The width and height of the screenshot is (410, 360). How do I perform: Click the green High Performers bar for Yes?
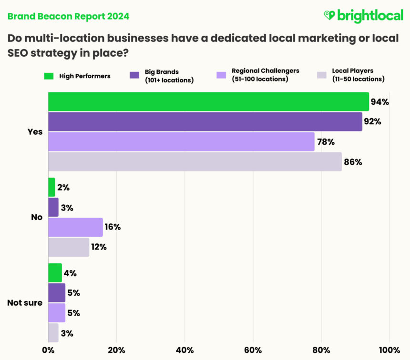(208, 101)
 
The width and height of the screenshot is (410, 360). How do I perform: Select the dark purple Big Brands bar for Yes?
(205, 121)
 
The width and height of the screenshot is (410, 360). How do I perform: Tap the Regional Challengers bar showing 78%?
(181, 141)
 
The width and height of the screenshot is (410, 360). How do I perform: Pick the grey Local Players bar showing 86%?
(195, 161)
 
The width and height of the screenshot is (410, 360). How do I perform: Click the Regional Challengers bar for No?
(75, 227)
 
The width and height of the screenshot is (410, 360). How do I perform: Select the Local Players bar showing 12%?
(69, 247)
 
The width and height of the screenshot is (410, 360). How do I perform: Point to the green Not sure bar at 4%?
(55, 273)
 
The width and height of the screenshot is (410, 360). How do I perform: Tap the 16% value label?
(113, 227)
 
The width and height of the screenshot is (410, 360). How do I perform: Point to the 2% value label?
(64, 188)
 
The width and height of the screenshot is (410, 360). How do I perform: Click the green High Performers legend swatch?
(48, 76)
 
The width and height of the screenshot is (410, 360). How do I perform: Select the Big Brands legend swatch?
(133, 76)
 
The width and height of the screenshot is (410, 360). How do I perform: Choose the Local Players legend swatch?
(322, 76)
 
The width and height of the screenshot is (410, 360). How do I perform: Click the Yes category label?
(35, 132)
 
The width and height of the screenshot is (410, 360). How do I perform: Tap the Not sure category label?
(25, 302)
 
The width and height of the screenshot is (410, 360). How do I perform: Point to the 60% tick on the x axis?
(253, 350)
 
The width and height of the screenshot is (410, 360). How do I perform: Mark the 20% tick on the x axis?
(116, 350)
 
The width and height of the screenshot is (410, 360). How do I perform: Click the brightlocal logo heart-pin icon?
(329, 16)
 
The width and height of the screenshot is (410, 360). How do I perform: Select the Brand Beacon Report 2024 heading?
(68, 16)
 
